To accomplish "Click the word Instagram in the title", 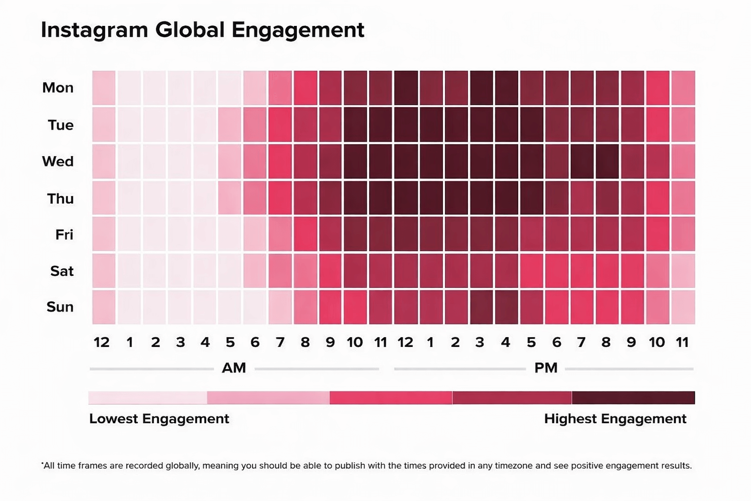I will [94, 30].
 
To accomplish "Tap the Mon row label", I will [58, 88].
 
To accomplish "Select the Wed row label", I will [58, 161].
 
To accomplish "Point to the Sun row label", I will [60, 307].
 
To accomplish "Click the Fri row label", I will [64, 235].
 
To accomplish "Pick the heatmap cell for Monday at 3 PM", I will [481, 88].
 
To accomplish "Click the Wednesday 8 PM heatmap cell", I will [607, 161].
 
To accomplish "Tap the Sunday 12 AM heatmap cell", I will [104, 307].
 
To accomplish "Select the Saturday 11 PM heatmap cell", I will [683, 271].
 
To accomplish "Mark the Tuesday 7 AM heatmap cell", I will [280, 125].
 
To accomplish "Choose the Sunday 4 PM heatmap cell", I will [507, 307].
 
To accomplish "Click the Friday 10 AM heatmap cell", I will [355, 234].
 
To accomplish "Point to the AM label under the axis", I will [234, 368].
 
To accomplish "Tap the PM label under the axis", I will [546, 368].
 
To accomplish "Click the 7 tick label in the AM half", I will [280, 342].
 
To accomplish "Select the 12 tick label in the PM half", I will [405, 342].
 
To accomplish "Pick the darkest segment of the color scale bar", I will [633, 397].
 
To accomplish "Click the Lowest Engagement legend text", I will [159, 419].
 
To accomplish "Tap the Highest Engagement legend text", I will [615, 419].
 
